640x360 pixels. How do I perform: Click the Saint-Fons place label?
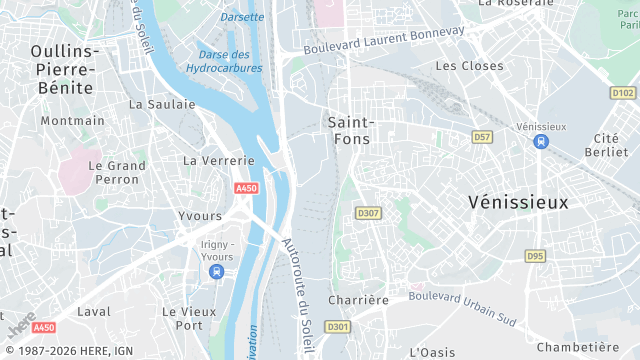(349, 130)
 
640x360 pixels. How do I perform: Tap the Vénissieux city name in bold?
(518, 202)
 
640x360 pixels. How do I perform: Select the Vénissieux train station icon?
(541, 141)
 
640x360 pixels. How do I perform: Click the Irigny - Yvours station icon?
(217, 270)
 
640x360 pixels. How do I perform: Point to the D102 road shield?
(622, 93)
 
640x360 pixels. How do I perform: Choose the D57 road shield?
(483, 136)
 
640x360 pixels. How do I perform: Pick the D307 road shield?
(368, 213)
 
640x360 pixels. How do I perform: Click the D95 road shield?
(535, 256)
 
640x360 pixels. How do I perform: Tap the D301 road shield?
(338, 326)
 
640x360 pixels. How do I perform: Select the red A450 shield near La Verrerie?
(246, 188)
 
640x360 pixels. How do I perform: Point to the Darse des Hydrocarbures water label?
(224, 61)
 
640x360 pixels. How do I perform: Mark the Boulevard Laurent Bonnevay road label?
(385, 40)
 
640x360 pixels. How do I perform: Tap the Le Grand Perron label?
(117, 172)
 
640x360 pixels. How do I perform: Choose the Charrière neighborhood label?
(357, 300)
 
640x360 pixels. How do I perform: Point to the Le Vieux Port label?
(188, 318)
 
